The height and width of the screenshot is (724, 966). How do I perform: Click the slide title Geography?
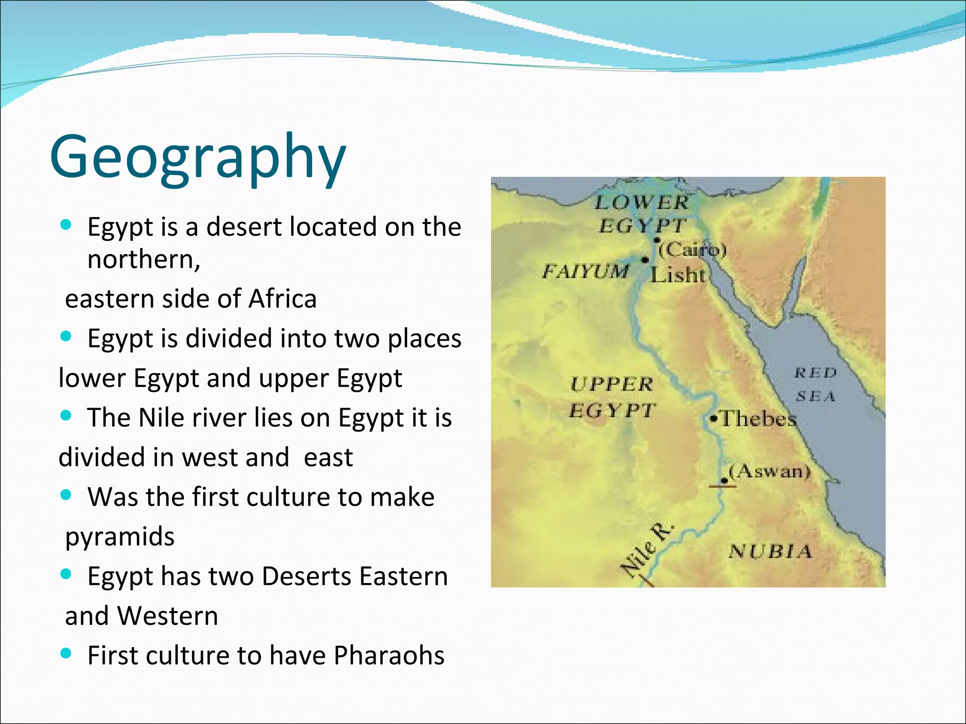point(198,158)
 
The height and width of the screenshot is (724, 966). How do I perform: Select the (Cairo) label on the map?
point(692,249)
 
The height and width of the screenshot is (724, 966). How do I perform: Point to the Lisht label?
point(678,274)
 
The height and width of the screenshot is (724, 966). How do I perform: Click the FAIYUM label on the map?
point(585,271)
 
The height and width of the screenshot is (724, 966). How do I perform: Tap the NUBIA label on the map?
point(770,551)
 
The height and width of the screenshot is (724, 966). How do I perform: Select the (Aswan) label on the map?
point(769,471)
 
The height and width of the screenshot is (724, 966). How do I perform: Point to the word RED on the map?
point(815,373)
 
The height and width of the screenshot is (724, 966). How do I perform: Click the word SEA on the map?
point(816,396)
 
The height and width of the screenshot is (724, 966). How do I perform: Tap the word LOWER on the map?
point(641,203)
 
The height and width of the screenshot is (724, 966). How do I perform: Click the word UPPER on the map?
point(612,384)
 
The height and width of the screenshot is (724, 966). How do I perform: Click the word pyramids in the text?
point(120,536)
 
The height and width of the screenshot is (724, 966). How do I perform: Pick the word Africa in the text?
point(283,299)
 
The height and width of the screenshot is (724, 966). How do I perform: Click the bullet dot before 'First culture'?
point(66,653)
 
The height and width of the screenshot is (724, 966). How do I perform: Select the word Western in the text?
point(167,616)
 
